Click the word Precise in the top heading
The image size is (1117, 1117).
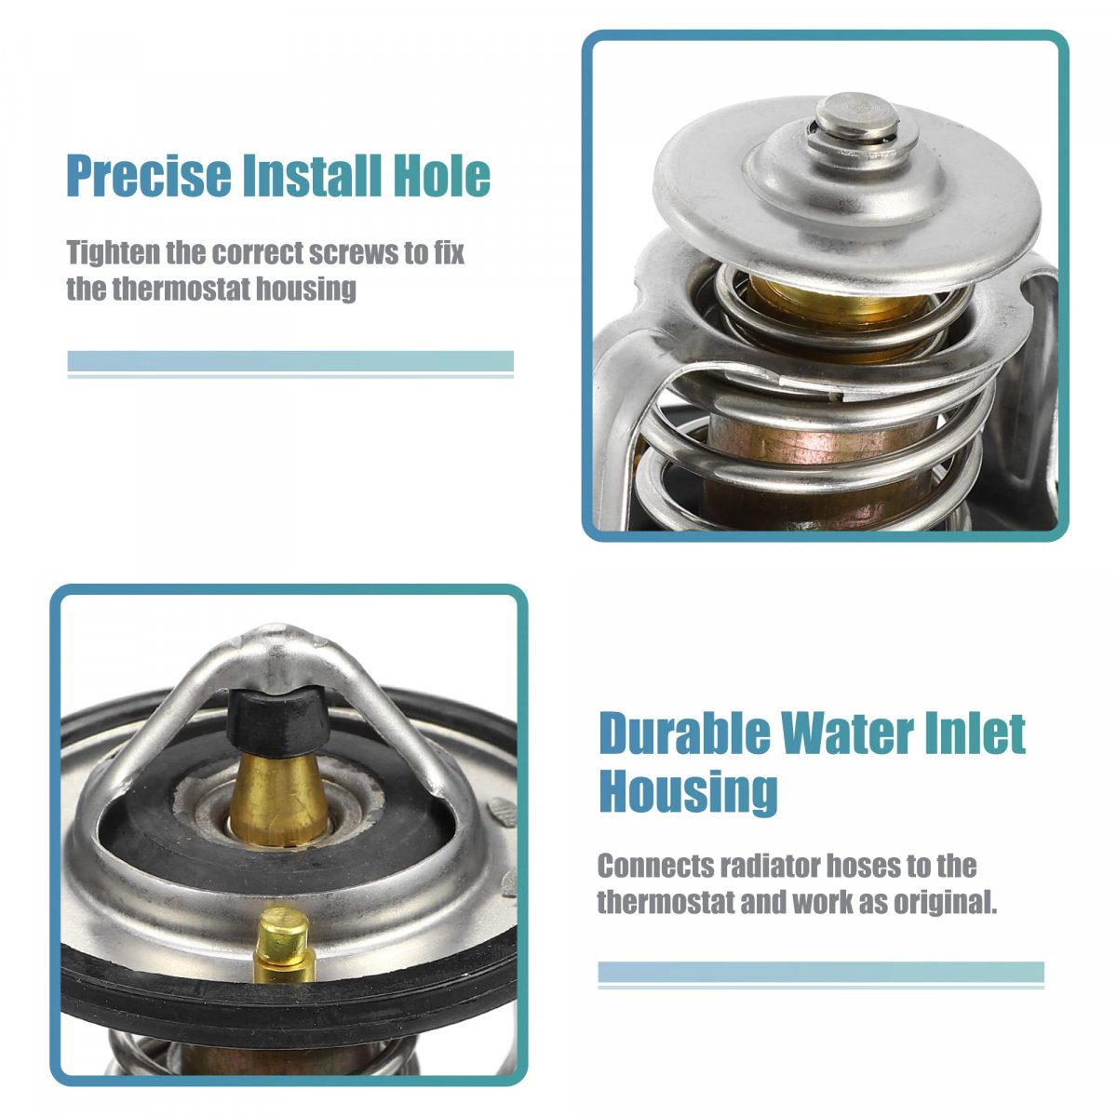pos(148,176)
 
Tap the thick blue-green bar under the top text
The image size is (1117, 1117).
pos(290,360)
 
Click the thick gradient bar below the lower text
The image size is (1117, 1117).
pos(821,972)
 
